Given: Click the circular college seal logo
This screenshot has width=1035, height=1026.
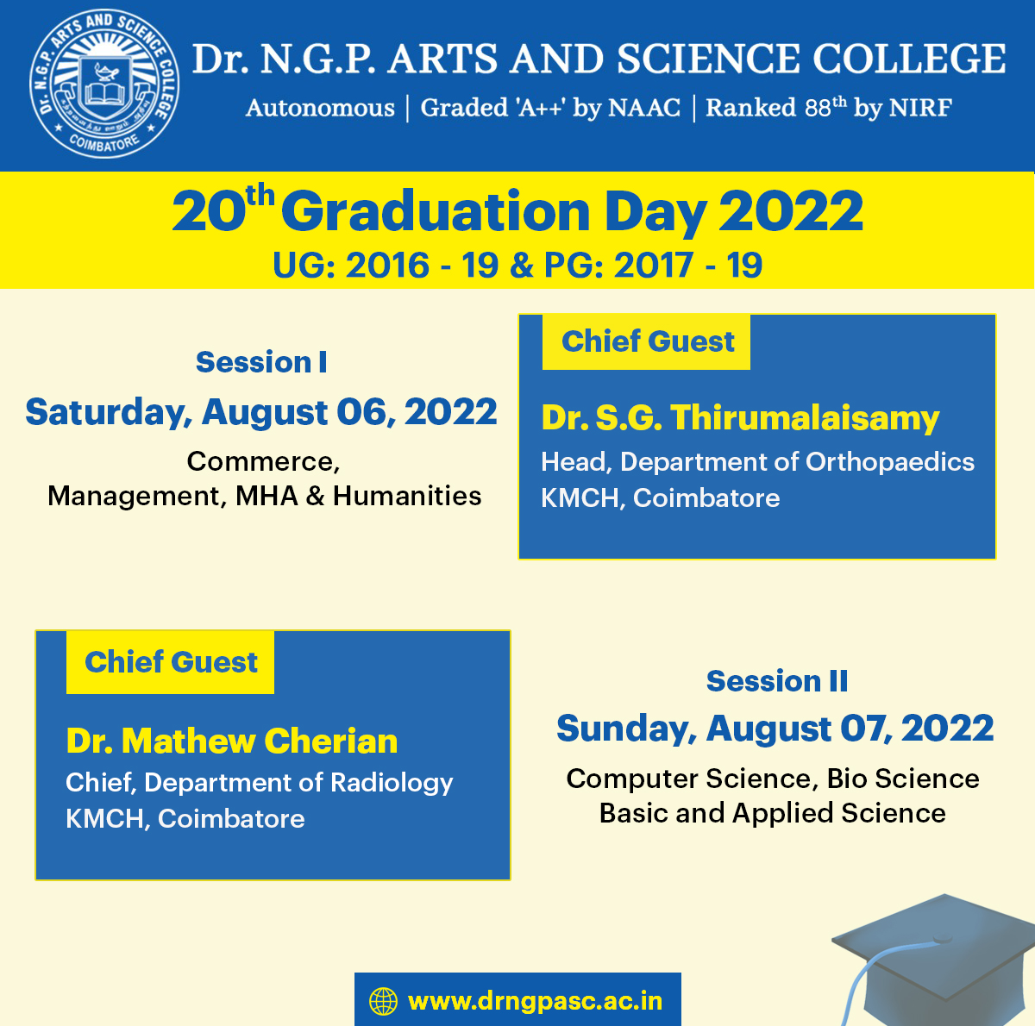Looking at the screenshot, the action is click(104, 84).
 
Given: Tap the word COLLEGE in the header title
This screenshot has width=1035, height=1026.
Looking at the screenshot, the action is click(909, 59).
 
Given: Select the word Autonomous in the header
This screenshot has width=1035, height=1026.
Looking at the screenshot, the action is click(320, 108).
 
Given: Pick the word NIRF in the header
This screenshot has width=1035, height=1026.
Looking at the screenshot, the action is click(920, 108).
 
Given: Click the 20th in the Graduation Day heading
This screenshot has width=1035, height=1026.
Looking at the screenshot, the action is click(223, 209).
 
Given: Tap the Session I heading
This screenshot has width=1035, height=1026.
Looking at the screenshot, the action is click(261, 361).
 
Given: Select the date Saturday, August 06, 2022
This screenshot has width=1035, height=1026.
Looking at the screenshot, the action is click(261, 412).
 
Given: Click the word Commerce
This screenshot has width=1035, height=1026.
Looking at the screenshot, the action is click(263, 461).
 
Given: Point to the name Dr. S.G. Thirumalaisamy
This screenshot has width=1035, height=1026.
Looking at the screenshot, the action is click(740, 417).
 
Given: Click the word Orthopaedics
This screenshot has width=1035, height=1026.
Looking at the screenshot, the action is click(889, 462).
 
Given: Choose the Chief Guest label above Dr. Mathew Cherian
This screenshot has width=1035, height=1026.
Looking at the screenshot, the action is click(171, 662).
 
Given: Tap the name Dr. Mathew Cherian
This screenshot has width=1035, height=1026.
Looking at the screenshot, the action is click(232, 741).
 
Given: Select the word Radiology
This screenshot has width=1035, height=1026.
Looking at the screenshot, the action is click(392, 783).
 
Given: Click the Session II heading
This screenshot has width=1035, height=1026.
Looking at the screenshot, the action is click(776, 681).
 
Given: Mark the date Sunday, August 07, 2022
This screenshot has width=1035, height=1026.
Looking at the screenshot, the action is click(775, 729).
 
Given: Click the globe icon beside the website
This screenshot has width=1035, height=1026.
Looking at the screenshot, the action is click(384, 1001).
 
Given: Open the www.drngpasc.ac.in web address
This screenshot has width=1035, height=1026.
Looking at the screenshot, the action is click(535, 1002).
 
